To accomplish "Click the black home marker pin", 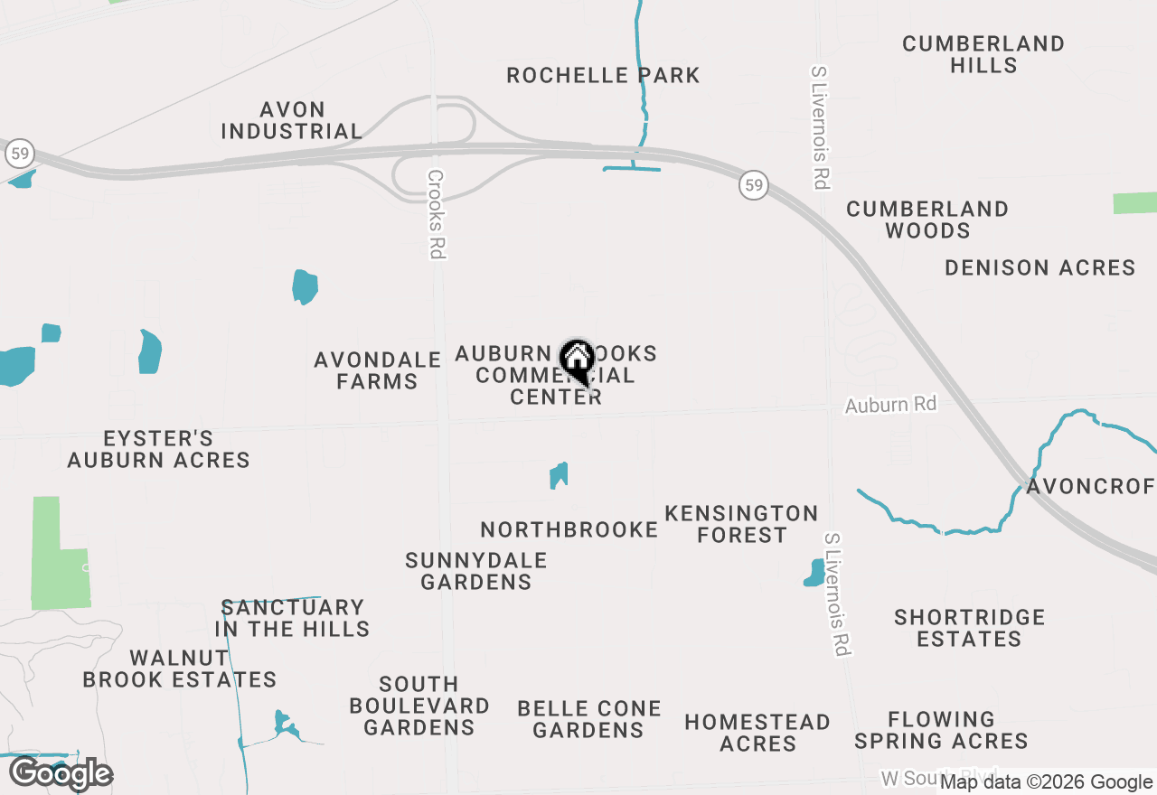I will (x=577, y=360).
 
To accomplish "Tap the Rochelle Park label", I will (x=603, y=75).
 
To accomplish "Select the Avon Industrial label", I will (x=291, y=120).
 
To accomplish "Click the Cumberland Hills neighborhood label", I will (x=983, y=54).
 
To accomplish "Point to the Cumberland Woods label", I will (x=927, y=220).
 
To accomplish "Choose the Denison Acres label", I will (x=1039, y=267).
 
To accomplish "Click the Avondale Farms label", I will (x=377, y=370).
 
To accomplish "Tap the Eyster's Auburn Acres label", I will (x=158, y=449).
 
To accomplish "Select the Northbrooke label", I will (x=569, y=529).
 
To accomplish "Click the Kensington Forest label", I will (x=741, y=524).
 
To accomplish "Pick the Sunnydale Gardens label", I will (x=475, y=571).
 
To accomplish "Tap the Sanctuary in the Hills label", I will (x=292, y=618).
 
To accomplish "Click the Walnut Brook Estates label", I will (x=179, y=669).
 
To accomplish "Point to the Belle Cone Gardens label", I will (x=589, y=719).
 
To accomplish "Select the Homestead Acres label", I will (x=757, y=733).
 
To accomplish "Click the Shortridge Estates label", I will (x=969, y=628).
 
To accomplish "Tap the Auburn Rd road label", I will (x=890, y=405).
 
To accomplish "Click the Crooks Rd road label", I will (x=437, y=215).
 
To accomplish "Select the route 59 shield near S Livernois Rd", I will (x=753, y=185).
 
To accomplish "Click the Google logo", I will (x=61, y=774).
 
